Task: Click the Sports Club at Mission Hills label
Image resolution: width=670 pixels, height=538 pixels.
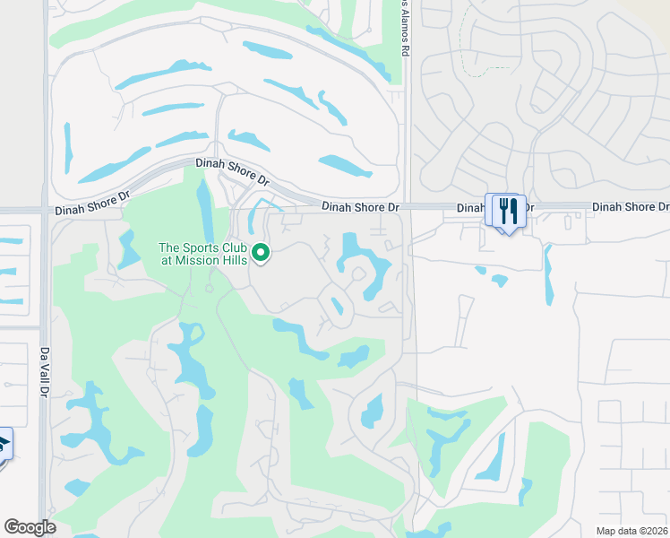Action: [x=202, y=254]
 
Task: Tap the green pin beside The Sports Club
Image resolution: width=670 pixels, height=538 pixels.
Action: [x=261, y=254]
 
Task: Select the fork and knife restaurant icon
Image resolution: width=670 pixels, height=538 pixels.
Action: [x=508, y=212]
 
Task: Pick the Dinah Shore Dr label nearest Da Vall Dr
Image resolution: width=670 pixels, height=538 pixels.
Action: [x=92, y=208]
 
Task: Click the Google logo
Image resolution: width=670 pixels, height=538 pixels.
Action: [x=30, y=527]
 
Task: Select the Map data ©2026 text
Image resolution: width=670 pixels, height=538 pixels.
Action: [x=631, y=531]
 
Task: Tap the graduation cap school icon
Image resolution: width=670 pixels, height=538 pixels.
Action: [x=4, y=444]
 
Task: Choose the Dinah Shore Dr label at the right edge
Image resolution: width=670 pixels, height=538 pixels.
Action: [x=631, y=207]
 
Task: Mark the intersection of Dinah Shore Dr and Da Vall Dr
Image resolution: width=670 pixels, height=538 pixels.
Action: [x=44, y=212]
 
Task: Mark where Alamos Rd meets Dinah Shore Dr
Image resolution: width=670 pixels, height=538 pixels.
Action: [x=407, y=206]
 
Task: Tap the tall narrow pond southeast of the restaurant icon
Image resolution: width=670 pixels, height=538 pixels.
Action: [x=548, y=274]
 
